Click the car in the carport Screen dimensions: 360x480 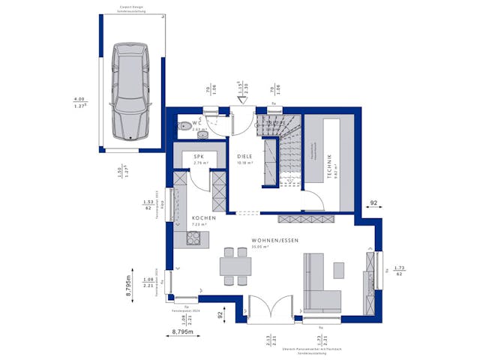pyautogui.click(x=130, y=91)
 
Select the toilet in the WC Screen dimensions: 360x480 pyautogui.click(x=182, y=124)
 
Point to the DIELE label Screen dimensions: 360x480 pyautogui.click(x=244, y=155)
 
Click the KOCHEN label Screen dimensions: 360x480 pyautogui.click(x=203, y=218)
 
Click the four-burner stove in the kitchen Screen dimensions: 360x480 pyautogui.click(x=193, y=239)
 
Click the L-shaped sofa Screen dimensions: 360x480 pyautogui.click(x=318, y=285)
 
